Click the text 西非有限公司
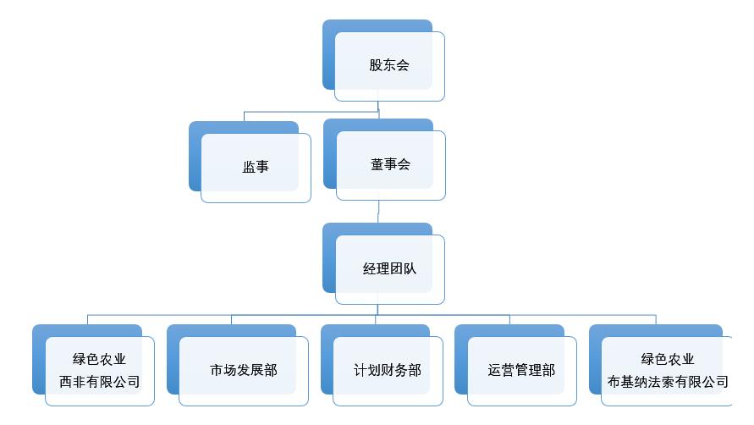pos(100,381)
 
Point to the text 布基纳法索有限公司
pos(668,381)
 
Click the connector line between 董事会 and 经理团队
pos(378,212)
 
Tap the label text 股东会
pos(389,65)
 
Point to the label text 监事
pos(256,167)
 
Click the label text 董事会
pos(390,164)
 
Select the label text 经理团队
pos(390,268)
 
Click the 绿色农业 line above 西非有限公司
pos(100,359)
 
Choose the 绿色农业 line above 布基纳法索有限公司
pos(668,359)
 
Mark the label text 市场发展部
pos(244,370)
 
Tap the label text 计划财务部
pos(388,370)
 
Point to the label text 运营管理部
pos(522,370)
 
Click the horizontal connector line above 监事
pos(305,111)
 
